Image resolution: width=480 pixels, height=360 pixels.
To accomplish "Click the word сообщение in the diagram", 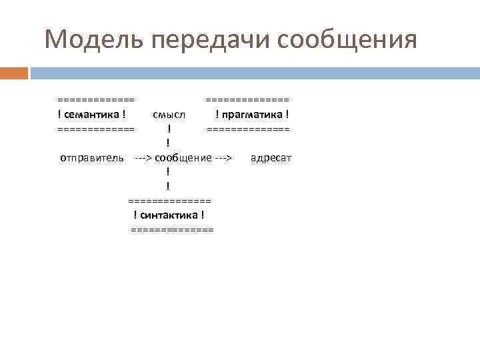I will [183, 158].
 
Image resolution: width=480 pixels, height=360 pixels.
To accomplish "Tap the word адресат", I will [271, 158].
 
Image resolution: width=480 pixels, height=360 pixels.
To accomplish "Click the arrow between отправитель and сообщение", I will [143, 158].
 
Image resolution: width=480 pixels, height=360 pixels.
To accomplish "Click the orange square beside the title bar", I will [14, 72].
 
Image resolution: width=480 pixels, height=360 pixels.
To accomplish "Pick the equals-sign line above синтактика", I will [169, 201].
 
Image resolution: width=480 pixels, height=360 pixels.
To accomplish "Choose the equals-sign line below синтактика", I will [173, 230].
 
